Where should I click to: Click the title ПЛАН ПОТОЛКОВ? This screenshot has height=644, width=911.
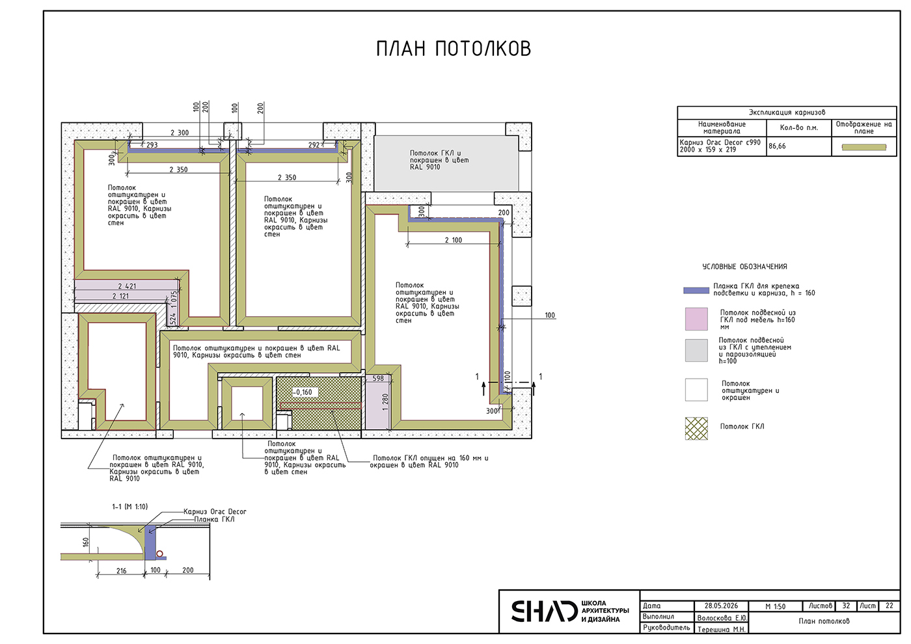click(454, 49)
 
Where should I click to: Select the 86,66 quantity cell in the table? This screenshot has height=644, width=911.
click(777, 146)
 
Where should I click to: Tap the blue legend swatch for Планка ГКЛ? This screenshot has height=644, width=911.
click(696, 290)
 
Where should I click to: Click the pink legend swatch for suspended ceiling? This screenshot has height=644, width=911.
click(696, 319)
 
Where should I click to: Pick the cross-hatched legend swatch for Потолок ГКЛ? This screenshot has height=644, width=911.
click(696, 429)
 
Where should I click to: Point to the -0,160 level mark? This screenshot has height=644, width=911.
click(302, 392)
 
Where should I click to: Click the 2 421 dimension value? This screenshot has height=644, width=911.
click(127, 286)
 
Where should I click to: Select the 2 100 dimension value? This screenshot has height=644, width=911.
click(454, 240)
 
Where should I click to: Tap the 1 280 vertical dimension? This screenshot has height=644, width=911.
click(385, 402)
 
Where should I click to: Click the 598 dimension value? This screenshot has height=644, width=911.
click(378, 379)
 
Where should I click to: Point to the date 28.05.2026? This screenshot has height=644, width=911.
click(721, 606)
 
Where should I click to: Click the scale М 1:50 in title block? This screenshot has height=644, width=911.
click(775, 606)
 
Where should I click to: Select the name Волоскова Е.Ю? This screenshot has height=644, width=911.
click(722, 618)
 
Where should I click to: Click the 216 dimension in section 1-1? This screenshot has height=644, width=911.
click(121, 571)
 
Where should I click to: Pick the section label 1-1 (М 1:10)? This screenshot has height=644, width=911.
click(130, 507)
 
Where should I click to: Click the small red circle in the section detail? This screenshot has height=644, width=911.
click(160, 554)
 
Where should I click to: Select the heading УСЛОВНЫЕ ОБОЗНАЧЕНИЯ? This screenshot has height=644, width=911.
click(744, 267)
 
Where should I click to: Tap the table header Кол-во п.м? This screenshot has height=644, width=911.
click(799, 127)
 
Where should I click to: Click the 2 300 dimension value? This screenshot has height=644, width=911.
click(180, 133)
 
